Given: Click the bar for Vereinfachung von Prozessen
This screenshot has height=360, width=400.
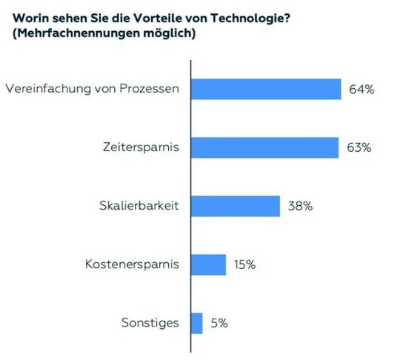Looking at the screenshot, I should coord(266,89).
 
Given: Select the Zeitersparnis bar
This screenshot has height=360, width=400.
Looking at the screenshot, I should coord(265,147).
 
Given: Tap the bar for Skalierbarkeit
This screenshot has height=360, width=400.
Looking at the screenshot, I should coord(236,206).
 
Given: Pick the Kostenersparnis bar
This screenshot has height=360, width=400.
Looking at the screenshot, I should coord(208,264).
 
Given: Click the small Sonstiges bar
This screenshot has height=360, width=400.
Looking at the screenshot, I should coord(196,323).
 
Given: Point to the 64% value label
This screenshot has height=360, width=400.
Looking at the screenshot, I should coord(362,90).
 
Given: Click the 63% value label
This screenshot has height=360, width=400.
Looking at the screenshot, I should coord(359,148).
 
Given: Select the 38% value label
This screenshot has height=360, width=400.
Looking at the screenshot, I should coord(300,207).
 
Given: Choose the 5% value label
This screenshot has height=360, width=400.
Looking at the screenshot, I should coord(219,324).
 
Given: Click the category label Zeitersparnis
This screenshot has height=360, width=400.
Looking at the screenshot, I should coord(142,148).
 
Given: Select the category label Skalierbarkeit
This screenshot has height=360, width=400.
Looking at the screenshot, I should coord(141,207).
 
